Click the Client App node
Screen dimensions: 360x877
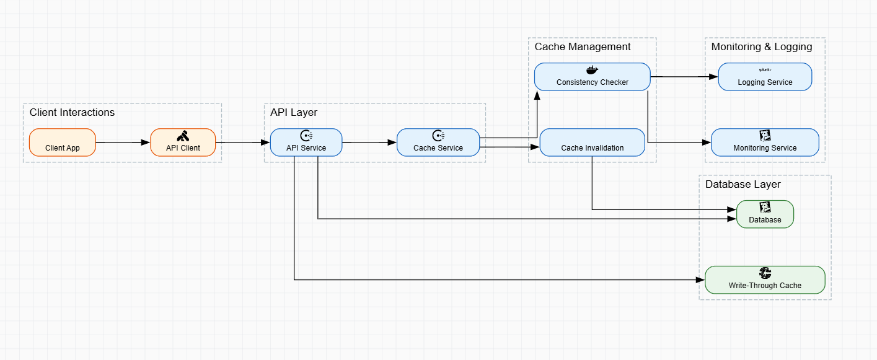pos(63,143)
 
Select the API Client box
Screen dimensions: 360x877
pos(183,143)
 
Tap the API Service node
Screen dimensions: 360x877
pos(306,143)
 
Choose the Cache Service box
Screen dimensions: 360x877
pos(438,143)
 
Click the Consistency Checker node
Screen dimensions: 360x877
pos(592,77)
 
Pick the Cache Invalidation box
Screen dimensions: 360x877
pos(592,143)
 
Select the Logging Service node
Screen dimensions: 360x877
pos(765,77)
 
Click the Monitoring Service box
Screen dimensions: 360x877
pos(765,143)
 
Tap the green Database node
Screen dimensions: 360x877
pos(765,214)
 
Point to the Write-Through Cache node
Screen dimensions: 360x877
pos(765,280)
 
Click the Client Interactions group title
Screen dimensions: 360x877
pos(72,112)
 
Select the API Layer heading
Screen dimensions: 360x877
pos(294,112)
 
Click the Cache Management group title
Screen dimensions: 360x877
pos(583,46)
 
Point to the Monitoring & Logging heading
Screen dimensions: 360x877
pos(761,46)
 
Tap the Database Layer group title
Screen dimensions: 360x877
pos(743,184)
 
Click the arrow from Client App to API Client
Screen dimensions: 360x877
pos(123,143)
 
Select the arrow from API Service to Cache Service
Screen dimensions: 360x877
pos(369,143)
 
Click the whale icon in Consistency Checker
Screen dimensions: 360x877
pos(592,70)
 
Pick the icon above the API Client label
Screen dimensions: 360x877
pos(183,136)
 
